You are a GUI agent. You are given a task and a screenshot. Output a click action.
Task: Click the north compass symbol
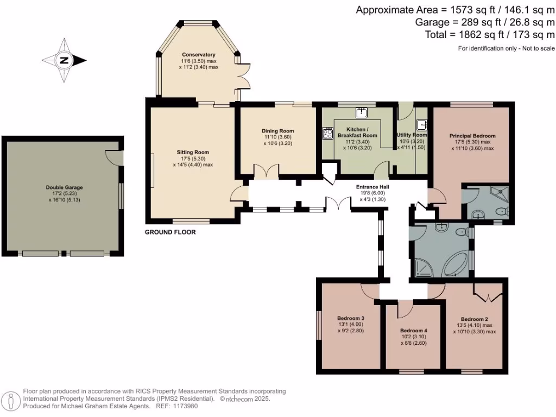64,60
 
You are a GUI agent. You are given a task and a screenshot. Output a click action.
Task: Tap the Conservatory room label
199,55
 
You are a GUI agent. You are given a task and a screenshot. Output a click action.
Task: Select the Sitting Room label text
193,153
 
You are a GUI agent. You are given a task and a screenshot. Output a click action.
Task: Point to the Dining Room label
277,131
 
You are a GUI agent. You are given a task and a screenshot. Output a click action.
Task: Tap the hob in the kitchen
328,133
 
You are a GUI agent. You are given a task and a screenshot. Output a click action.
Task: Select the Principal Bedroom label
472,136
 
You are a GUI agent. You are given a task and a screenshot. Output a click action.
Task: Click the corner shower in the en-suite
498,192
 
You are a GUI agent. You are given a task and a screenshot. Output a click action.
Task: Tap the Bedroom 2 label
475,319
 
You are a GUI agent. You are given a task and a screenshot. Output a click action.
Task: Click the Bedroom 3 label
350,318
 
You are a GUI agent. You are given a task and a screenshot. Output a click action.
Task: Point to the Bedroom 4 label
414,331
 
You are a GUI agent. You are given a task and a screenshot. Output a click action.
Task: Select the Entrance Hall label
372,187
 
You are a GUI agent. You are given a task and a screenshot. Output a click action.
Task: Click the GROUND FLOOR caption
170,232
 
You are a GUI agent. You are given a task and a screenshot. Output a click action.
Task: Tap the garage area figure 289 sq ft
472,22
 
